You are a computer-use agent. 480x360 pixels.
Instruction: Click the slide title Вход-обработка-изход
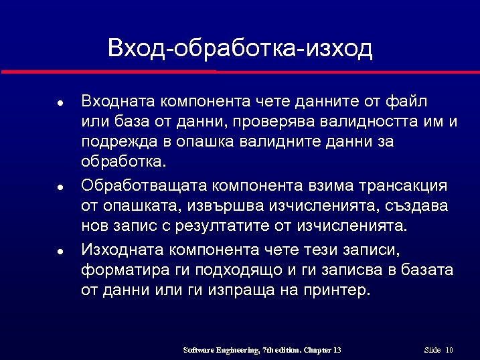pos(240,48)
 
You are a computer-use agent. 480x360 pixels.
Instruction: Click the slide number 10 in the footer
pos(449,350)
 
